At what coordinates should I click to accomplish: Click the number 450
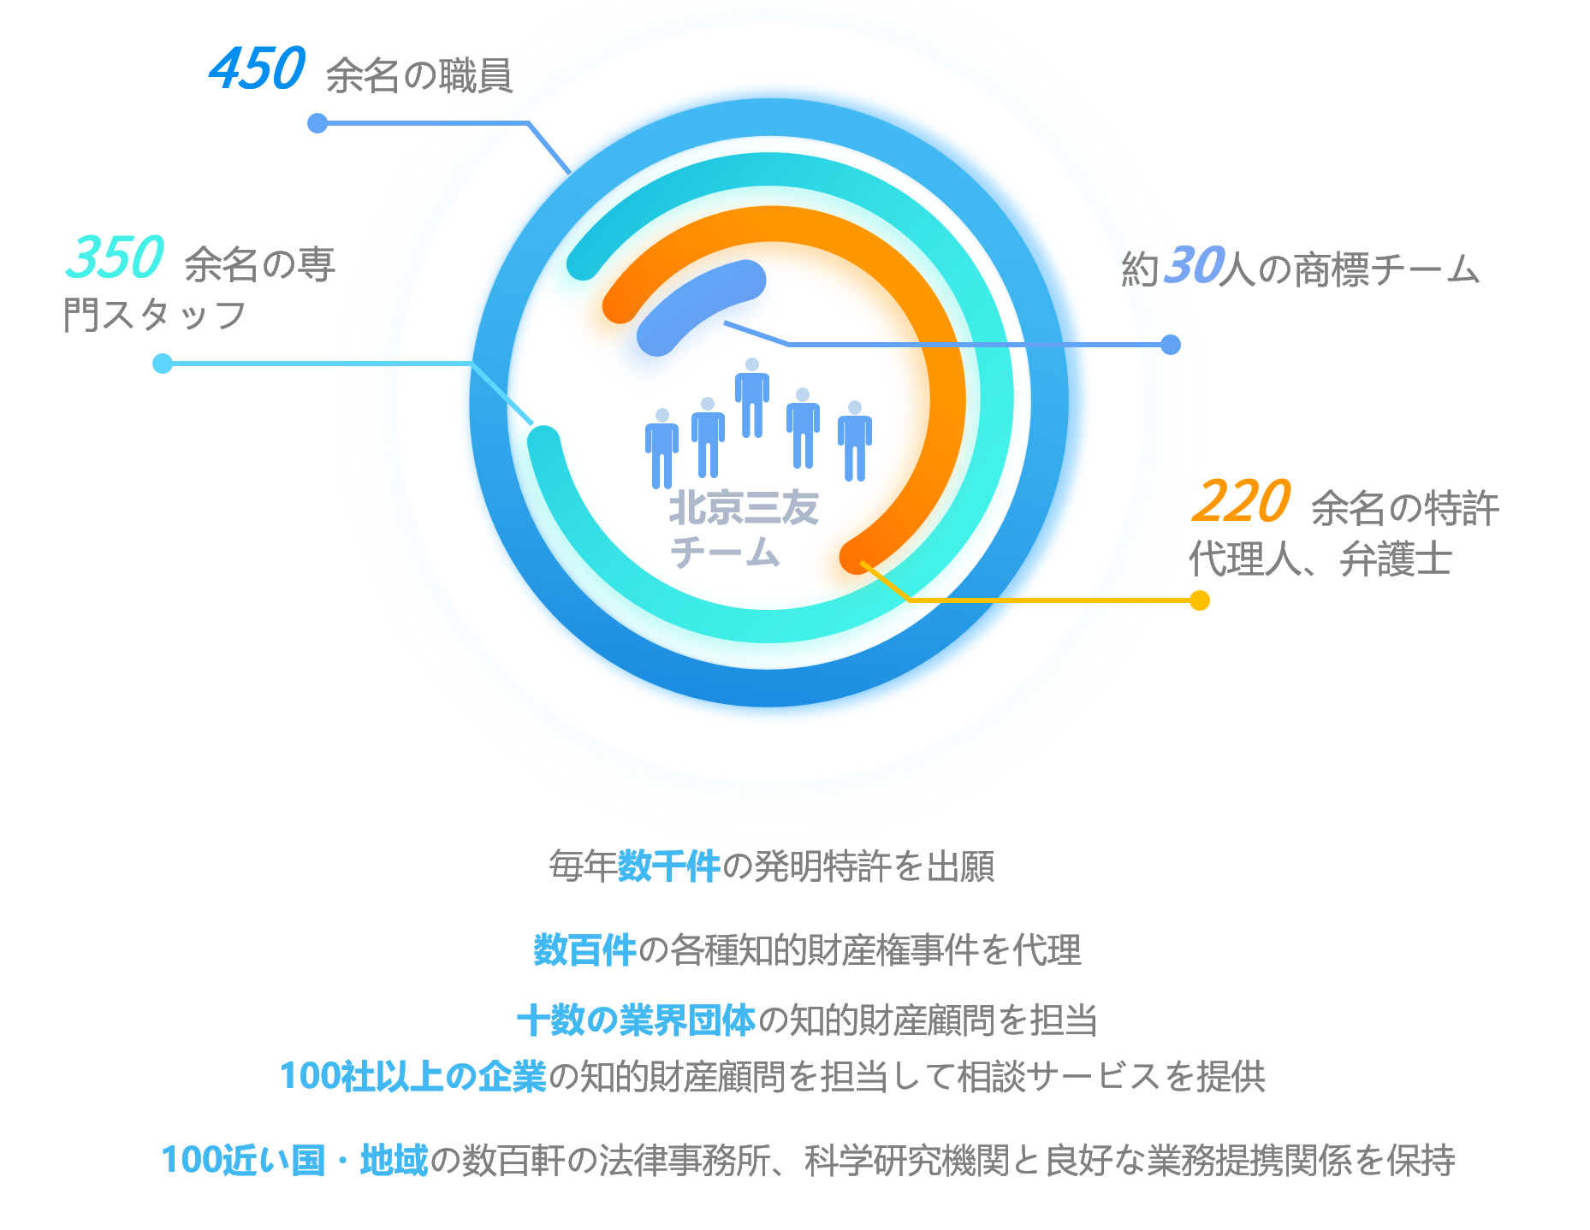pyautogui.click(x=257, y=69)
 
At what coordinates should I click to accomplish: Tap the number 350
pyautogui.click(x=115, y=257)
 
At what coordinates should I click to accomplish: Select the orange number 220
pyautogui.click(x=1240, y=502)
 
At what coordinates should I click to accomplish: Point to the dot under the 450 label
pyautogui.click(x=317, y=123)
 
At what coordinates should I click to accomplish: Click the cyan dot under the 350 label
pyautogui.click(x=162, y=364)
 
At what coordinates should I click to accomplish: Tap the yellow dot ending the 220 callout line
pyautogui.click(x=1200, y=600)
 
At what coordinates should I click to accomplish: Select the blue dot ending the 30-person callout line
pyautogui.click(x=1171, y=345)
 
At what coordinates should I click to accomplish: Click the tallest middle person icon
pyautogui.click(x=752, y=399)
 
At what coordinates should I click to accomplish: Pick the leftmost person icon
pyautogui.click(x=662, y=448)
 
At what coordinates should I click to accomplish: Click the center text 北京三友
pyautogui.click(x=743, y=508)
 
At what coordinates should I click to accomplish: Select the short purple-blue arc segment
pyautogui.click(x=697, y=305)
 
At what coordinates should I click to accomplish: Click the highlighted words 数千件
pyautogui.click(x=668, y=866)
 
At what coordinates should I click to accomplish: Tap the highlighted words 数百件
pyautogui.click(x=584, y=950)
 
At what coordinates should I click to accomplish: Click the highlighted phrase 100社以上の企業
pyautogui.click(x=412, y=1076)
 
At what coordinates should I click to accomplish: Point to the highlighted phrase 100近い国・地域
pyautogui.click(x=294, y=1160)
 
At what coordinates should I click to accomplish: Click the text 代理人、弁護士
pyautogui.click(x=1320, y=560)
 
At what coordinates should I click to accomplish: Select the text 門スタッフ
pyautogui.click(x=155, y=315)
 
